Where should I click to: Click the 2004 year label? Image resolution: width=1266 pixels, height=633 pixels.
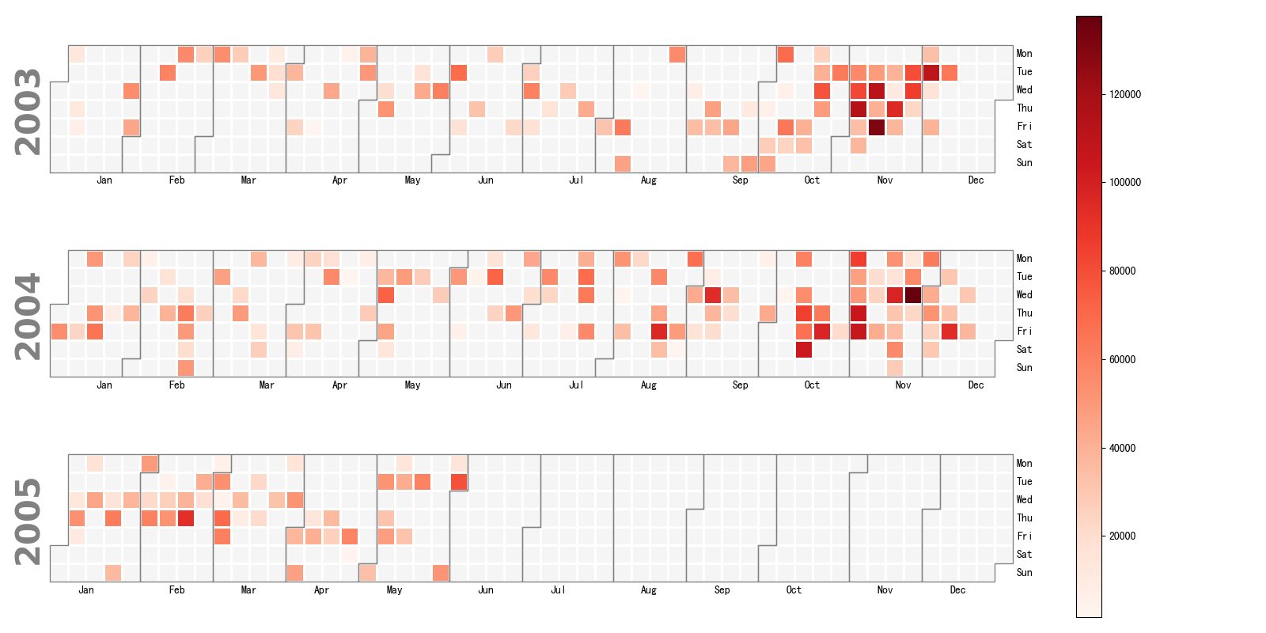click(x=28, y=316)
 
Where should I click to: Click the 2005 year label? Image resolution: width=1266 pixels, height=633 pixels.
click(x=28, y=521)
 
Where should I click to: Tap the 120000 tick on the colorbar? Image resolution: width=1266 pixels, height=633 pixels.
click(x=1124, y=94)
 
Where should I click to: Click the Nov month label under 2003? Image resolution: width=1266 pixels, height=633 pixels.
click(x=885, y=180)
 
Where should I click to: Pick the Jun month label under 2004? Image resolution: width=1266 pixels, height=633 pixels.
click(x=503, y=385)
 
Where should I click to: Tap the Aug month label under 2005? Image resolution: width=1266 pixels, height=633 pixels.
click(x=649, y=590)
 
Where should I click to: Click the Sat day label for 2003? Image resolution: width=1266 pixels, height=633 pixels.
click(x=1024, y=145)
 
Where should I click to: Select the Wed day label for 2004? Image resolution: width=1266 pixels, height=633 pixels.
click(x=1024, y=295)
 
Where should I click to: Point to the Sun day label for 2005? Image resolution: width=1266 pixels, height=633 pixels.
click(x=1024, y=573)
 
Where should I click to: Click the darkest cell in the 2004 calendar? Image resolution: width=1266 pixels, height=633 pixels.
click(x=913, y=295)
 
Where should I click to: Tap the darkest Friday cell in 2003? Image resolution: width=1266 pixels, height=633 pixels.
click(x=877, y=127)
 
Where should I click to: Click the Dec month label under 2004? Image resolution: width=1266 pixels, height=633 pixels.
click(x=976, y=385)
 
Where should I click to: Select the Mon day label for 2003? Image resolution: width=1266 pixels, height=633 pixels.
click(x=1024, y=54)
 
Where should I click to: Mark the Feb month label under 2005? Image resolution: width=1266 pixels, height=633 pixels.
click(x=176, y=590)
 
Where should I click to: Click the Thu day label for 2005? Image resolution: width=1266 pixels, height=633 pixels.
click(x=1024, y=518)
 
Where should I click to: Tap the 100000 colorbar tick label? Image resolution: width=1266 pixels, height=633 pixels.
click(x=1124, y=182)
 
